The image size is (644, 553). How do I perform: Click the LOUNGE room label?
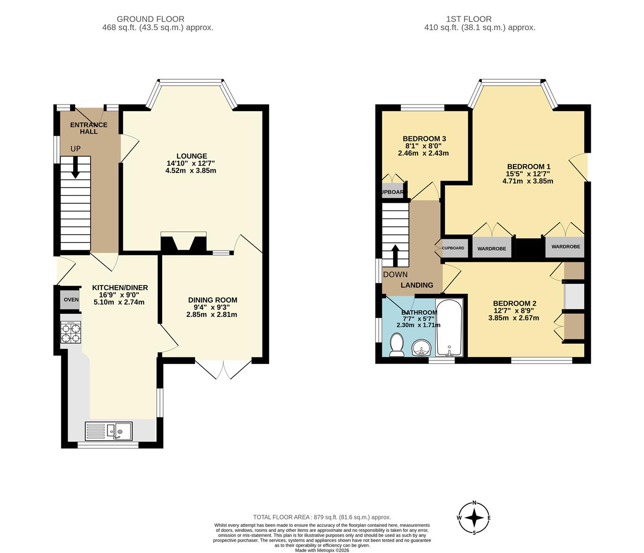click(191, 156)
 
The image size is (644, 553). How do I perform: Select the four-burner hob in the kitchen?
click(71, 333)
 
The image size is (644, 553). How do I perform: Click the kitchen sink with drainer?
click(109, 431)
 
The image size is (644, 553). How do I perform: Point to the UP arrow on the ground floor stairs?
click(75, 167)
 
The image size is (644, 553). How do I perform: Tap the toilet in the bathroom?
click(396, 345)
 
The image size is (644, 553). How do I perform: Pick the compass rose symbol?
click(475, 517)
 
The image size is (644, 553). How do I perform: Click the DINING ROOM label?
click(212, 300)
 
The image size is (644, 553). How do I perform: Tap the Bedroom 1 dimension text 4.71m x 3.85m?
click(528, 181)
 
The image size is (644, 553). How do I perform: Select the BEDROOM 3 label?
click(424, 139)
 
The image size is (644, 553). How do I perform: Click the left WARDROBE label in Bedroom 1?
click(491, 249)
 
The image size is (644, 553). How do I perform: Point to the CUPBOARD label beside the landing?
click(453, 248)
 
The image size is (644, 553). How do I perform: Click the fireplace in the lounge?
click(183, 243)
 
